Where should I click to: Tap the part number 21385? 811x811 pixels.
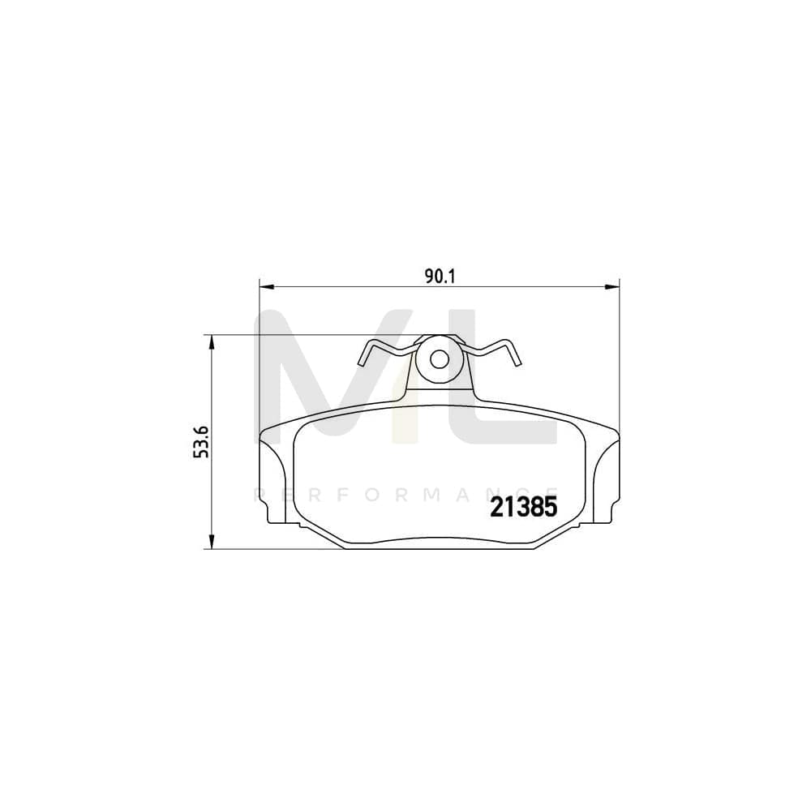pyautogui.click(x=522, y=508)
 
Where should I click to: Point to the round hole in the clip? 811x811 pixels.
pyautogui.click(x=439, y=359)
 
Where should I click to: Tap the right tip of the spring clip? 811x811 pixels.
pyautogui.click(x=517, y=361)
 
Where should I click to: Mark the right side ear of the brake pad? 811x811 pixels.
pyautogui.click(x=606, y=478)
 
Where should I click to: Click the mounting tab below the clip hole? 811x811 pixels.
pyautogui.click(x=439, y=389)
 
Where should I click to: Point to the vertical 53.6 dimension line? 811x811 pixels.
pyautogui.click(x=212, y=487)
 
